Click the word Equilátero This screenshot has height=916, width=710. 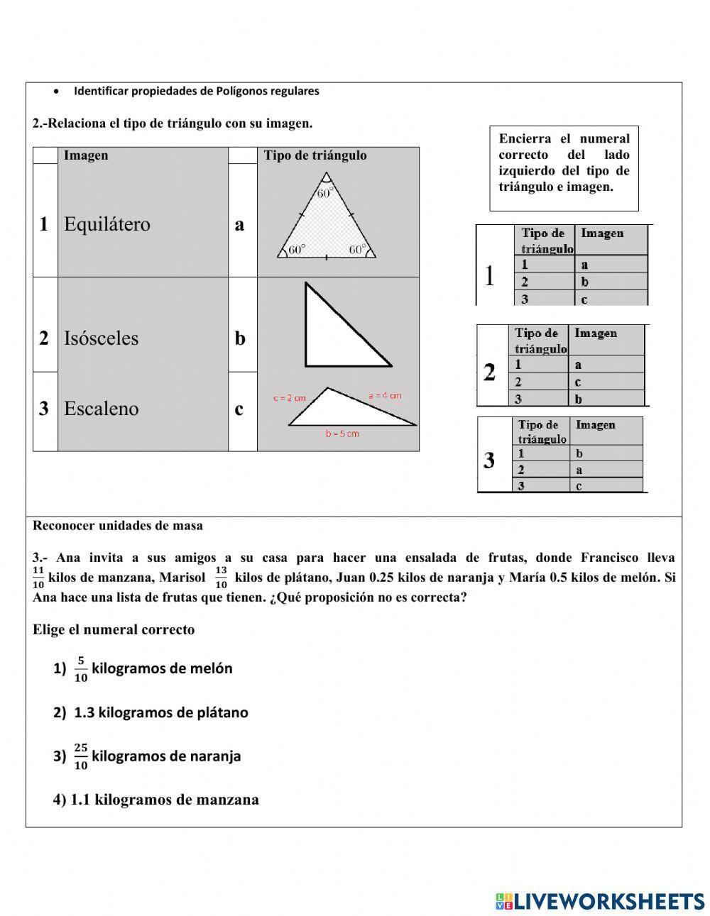click(x=107, y=224)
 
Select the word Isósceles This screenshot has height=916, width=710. click(x=102, y=338)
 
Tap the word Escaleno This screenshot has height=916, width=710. click(x=102, y=409)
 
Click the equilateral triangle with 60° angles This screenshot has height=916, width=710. click(x=326, y=227)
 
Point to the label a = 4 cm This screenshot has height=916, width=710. click(x=385, y=395)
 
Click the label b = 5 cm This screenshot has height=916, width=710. click(x=342, y=434)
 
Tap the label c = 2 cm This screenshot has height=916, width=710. click(x=289, y=398)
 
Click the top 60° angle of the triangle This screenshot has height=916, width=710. click(x=325, y=192)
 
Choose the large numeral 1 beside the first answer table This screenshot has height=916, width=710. click(x=489, y=275)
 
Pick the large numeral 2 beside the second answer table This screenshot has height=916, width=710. click(x=489, y=372)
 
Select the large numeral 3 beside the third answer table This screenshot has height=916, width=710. click(x=489, y=460)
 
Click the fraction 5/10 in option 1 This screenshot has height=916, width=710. click(x=81, y=668)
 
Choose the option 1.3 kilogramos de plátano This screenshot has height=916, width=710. click(x=160, y=712)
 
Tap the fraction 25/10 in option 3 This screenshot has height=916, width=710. click(x=81, y=756)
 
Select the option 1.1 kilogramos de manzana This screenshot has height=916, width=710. click(x=164, y=800)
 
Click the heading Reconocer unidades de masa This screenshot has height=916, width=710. click(x=118, y=526)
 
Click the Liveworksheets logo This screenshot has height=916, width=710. click(x=600, y=901)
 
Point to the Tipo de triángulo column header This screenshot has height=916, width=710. click(x=315, y=155)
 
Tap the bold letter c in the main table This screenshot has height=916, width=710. click(x=239, y=409)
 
